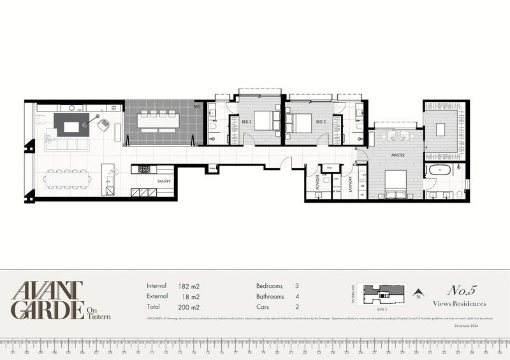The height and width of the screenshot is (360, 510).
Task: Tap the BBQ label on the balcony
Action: tap(198, 107)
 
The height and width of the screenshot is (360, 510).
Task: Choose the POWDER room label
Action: tap(317, 184)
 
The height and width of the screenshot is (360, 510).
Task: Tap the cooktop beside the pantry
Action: tap(143, 169)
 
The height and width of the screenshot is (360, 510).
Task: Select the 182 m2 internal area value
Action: tap(189, 287)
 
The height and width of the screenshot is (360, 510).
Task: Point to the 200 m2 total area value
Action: tap(189, 308)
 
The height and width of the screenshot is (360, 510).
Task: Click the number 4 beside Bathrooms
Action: tap(297, 297)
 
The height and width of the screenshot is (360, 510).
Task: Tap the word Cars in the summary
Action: tap(263, 308)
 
